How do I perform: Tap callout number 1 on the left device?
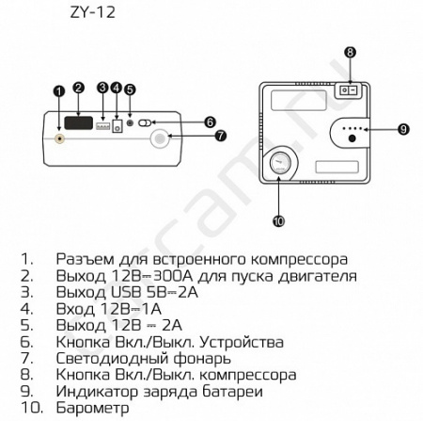click(x=59, y=91)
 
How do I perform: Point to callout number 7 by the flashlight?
click(x=221, y=136)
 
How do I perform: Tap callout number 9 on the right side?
click(x=402, y=128)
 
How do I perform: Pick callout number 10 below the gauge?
click(x=279, y=221)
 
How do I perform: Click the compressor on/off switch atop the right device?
click(x=351, y=90)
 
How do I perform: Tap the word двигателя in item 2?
click(x=315, y=276)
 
